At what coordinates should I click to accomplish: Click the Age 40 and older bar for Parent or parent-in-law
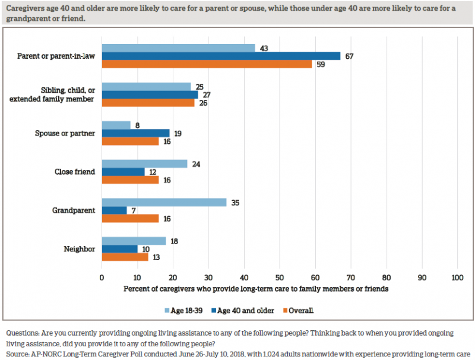[x=221, y=56]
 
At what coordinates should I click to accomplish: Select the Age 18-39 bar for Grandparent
[x=164, y=202]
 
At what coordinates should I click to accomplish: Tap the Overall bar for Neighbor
[x=125, y=257]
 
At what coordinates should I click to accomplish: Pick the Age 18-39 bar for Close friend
[x=144, y=164]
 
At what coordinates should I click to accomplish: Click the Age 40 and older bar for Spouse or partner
[x=135, y=134]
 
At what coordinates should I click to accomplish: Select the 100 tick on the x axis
[x=457, y=277]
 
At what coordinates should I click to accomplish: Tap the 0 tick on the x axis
[x=102, y=277]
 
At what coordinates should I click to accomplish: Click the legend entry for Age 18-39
[x=184, y=310]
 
